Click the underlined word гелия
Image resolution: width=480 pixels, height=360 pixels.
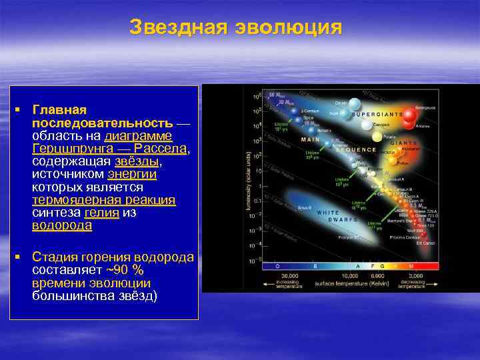[102, 213]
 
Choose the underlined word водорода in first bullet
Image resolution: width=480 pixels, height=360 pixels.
[62, 225]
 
